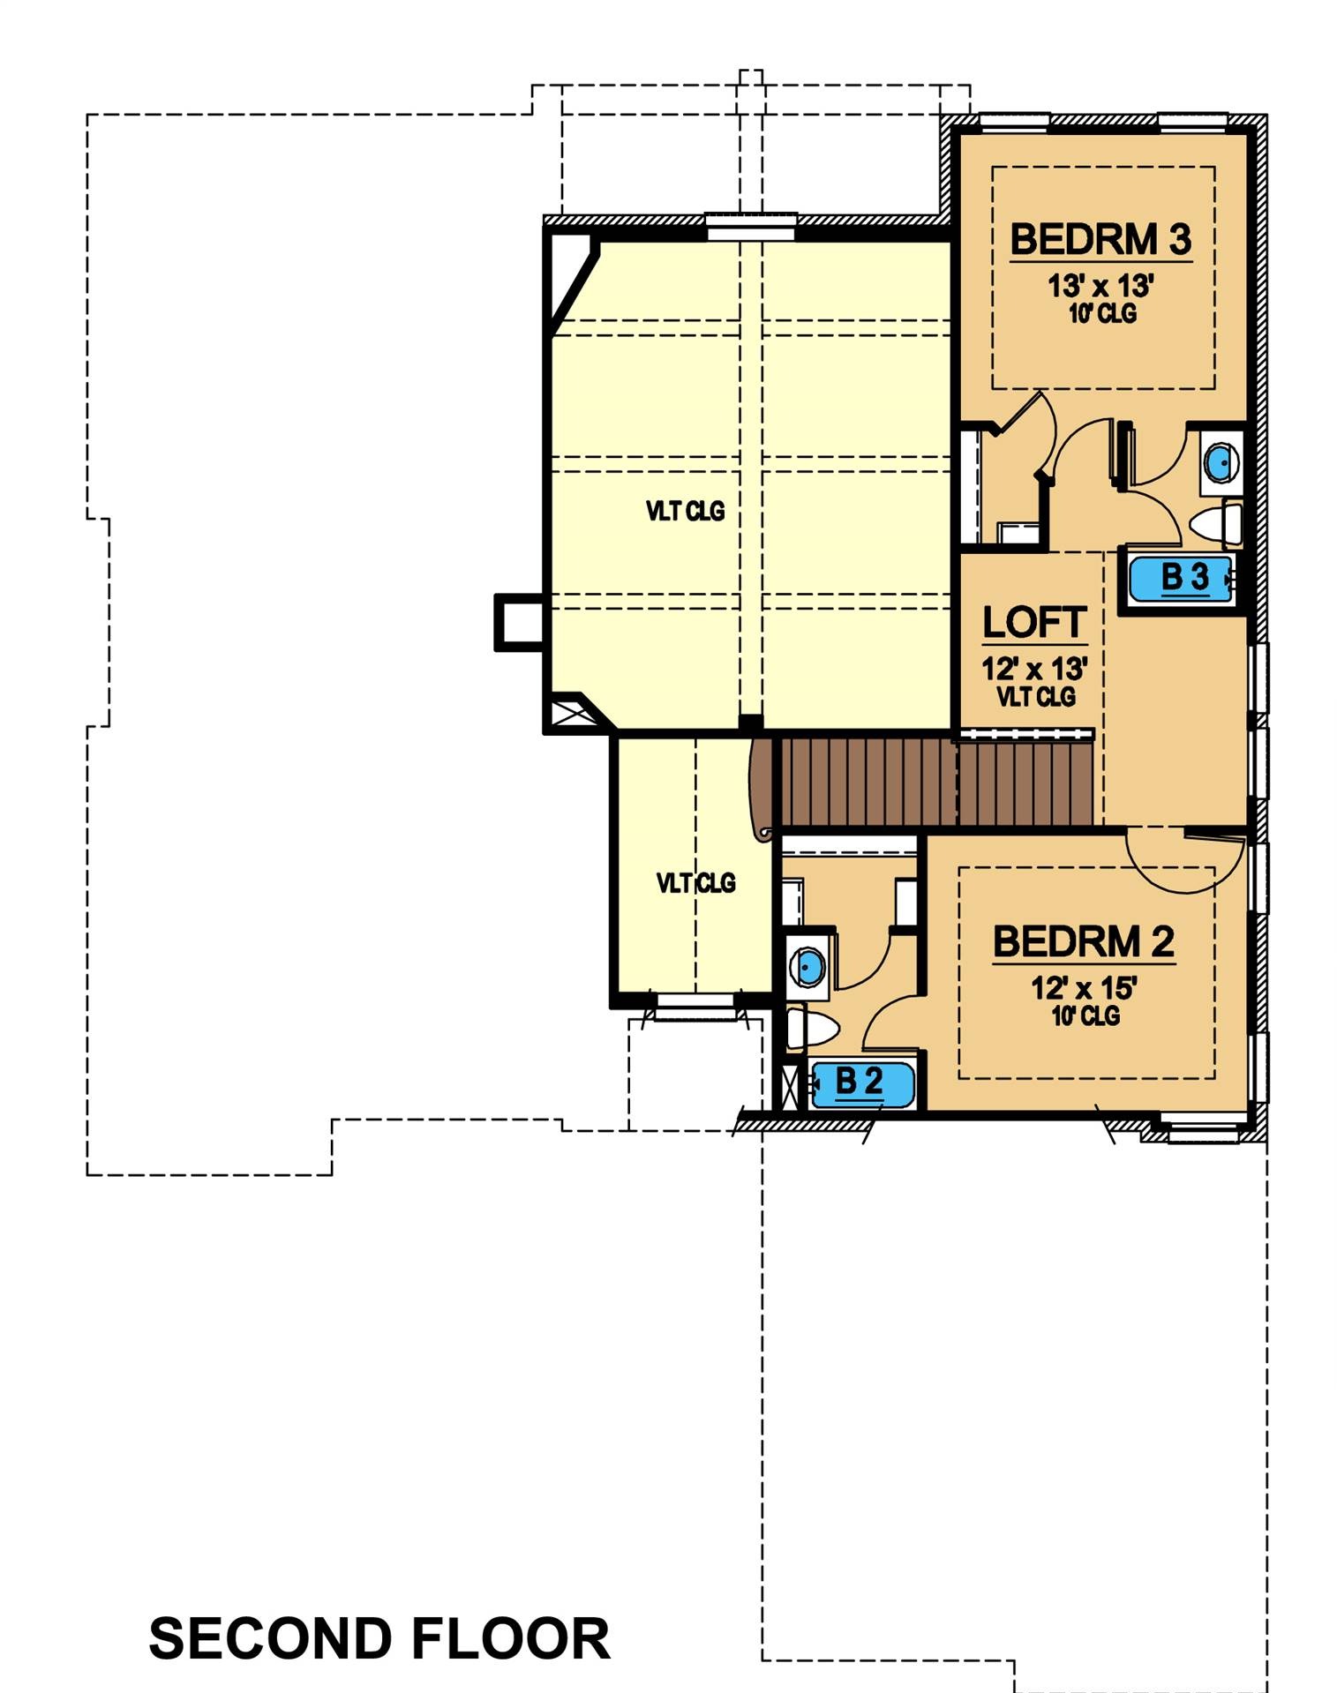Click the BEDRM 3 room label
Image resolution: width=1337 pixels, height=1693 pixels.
(1100, 240)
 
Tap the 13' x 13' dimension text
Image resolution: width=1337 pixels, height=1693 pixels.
(1100, 286)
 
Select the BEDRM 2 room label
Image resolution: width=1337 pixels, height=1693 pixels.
(1084, 942)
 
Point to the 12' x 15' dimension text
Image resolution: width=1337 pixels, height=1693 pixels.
(1084, 988)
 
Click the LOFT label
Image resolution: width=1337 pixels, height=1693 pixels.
(1034, 623)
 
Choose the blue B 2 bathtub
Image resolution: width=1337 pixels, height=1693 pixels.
(860, 1084)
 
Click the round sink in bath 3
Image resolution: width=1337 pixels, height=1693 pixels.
(1221, 462)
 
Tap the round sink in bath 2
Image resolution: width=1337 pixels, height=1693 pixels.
(807, 967)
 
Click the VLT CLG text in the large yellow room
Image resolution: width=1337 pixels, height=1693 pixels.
(685, 511)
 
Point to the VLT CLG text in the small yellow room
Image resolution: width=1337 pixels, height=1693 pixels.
(695, 883)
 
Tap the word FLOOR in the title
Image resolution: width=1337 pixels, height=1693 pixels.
(511, 1639)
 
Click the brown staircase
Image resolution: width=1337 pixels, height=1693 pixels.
(935, 782)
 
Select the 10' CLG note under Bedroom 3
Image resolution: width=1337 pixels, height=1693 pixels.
(1102, 313)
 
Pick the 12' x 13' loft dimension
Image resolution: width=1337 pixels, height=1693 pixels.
(1034, 669)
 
